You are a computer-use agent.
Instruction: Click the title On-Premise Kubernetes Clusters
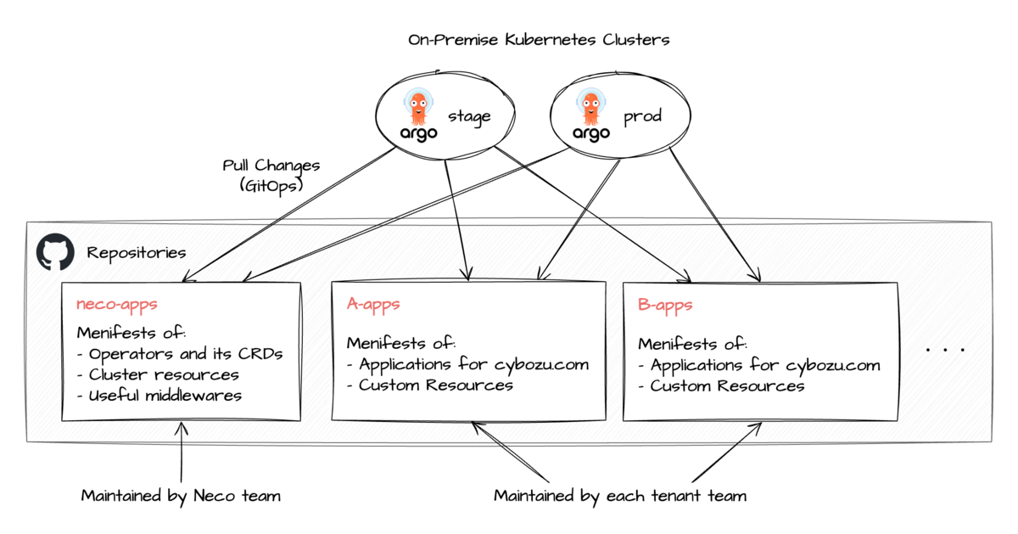(x=539, y=39)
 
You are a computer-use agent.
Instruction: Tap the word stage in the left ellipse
(x=469, y=117)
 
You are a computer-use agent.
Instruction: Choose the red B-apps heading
(x=665, y=305)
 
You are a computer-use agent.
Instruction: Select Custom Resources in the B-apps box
(x=722, y=386)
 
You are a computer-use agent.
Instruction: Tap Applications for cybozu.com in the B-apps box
(x=759, y=366)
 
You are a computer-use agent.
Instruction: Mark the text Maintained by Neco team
(x=181, y=496)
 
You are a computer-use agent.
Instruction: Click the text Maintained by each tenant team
(x=620, y=496)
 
